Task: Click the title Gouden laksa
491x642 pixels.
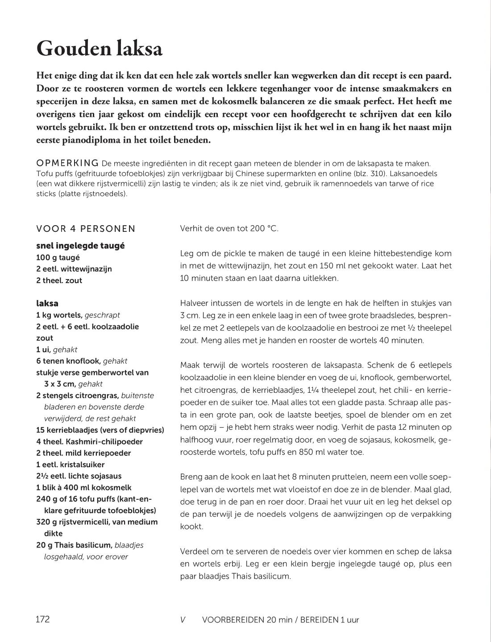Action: pos(99,48)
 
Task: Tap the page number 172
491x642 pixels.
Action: pos(43,619)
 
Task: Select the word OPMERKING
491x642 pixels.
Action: pos(67,163)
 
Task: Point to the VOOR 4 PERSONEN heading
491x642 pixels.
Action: pos(86,229)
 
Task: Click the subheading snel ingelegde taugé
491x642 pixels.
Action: pos(80,246)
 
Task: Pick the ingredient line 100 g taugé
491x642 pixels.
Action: pos(58,257)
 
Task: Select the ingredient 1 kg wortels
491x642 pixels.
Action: pos(59,315)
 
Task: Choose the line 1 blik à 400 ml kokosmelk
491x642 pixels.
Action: pos(84,487)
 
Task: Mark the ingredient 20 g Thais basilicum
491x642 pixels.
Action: pos(74,545)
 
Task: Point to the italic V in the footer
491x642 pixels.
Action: pos(183,620)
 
